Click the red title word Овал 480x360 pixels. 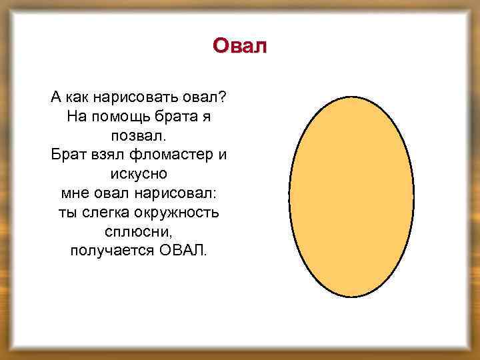click(239, 46)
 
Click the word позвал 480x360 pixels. click(139, 136)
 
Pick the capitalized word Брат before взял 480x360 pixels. click(67, 155)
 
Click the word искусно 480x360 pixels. click(139, 175)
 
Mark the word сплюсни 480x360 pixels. click(139, 233)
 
